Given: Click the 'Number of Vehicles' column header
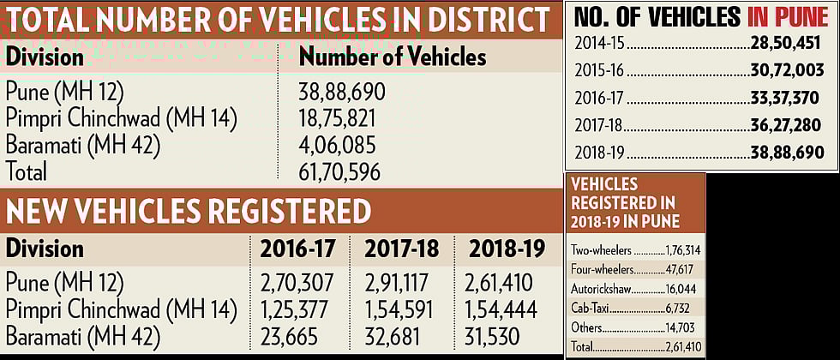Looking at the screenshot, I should [392, 57].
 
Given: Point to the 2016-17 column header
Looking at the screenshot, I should [297, 249].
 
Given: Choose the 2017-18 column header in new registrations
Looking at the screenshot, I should [401, 249].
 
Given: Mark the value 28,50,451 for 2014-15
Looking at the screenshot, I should [780, 44].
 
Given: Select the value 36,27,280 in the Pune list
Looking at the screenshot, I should [783, 126].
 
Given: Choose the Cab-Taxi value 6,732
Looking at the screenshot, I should [688, 308].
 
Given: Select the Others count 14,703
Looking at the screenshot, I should [686, 327].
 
